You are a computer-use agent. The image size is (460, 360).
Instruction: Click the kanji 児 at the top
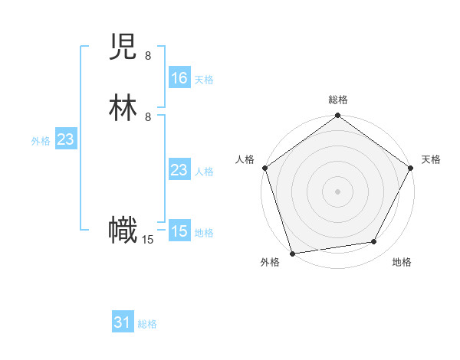123,50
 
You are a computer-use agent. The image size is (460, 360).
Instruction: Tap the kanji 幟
123,231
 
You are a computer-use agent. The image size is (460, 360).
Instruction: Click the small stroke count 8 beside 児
148,56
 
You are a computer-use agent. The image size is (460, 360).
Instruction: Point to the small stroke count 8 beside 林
148,116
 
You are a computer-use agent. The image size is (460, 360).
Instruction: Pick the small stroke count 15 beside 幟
147,240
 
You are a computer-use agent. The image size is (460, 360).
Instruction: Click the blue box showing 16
179,78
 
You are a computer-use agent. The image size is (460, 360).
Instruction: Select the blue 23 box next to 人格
179,170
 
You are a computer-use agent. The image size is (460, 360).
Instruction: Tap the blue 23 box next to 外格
65,139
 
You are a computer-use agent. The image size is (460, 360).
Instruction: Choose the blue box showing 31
123,322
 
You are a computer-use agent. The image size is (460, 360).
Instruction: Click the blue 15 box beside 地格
179,231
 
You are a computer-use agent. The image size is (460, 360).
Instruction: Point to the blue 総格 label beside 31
147,324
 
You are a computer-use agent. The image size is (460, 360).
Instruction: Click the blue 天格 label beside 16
204,80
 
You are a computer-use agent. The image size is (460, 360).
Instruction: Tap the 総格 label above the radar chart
337,100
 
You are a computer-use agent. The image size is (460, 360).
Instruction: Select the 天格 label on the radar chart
431,159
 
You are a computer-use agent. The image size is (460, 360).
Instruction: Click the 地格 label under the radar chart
402,263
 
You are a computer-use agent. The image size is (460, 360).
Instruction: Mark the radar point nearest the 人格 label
264,168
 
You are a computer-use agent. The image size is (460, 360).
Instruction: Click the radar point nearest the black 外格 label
292,253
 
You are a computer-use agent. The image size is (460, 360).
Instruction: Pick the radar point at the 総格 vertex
337,116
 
